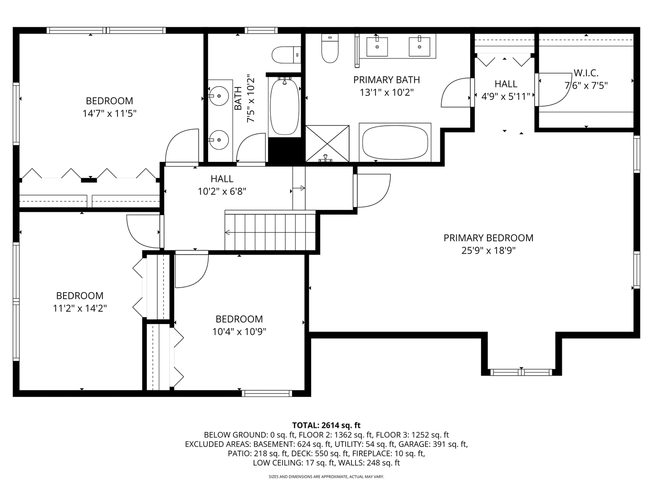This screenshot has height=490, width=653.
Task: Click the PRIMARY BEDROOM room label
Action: tap(488, 238)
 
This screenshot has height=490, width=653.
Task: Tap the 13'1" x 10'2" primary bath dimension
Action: tap(386, 93)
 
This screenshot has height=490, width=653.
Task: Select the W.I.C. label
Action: tap(586, 73)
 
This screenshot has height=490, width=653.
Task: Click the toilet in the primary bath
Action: tap(330, 49)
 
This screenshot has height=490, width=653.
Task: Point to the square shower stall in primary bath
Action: tap(327, 143)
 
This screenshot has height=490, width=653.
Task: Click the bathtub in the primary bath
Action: tap(395, 142)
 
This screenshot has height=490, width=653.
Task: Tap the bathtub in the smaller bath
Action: tap(284, 107)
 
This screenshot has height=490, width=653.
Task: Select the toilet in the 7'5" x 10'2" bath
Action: tap(285, 55)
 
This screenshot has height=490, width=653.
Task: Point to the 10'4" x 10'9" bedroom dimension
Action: tap(239, 332)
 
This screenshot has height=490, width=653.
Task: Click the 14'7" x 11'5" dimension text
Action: tap(109, 113)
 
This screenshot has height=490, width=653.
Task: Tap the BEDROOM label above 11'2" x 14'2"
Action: tap(80, 296)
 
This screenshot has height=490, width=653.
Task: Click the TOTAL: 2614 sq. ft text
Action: tap(326, 425)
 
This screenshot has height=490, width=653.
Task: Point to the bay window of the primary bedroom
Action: tap(521, 372)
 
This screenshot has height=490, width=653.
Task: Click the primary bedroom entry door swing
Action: tap(373, 191)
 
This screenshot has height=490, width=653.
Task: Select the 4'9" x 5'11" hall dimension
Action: tap(506, 96)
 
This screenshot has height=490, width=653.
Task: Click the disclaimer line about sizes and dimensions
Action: tap(326, 477)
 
